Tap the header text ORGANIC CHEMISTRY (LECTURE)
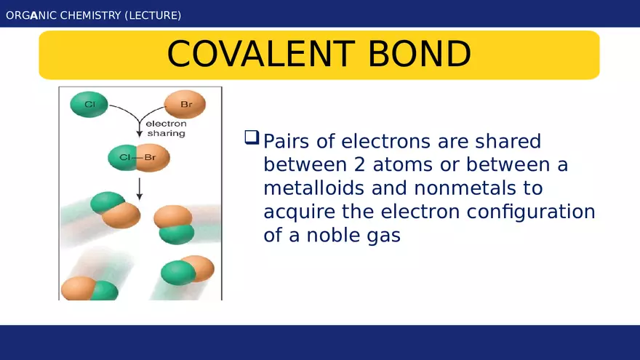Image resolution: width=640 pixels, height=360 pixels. pos(94,15)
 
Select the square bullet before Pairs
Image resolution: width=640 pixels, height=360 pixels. pos(252,137)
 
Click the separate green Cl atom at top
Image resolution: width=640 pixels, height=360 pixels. pos(89,105)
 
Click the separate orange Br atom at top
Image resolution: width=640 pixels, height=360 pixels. pos(185,105)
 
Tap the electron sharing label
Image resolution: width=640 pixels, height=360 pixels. pos(167,129)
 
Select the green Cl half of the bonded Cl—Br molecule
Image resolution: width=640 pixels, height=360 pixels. pos(121,157)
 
